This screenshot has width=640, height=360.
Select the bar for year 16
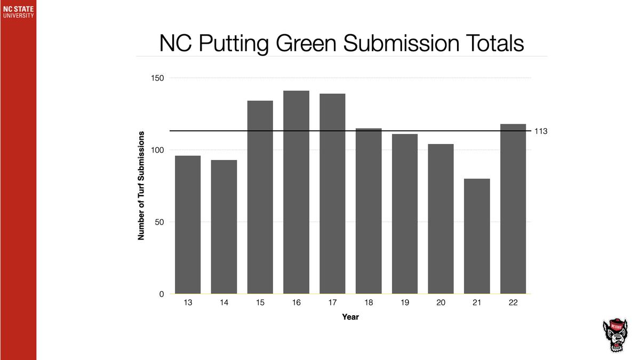coord(297,192)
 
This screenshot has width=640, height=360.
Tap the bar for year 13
coord(188,225)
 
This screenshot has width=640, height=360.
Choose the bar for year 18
coord(369,211)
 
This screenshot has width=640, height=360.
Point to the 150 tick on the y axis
coord(158,78)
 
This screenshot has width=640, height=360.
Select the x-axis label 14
coord(224,302)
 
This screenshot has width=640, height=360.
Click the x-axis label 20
coord(441,302)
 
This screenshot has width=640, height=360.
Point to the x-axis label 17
coord(332,302)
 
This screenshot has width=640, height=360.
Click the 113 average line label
coord(541,131)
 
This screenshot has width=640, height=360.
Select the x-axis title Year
coord(350,317)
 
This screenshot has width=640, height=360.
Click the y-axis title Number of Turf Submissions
coord(142,185)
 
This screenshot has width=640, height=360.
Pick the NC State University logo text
coord(18,12)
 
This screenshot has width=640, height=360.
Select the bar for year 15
coord(260,197)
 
